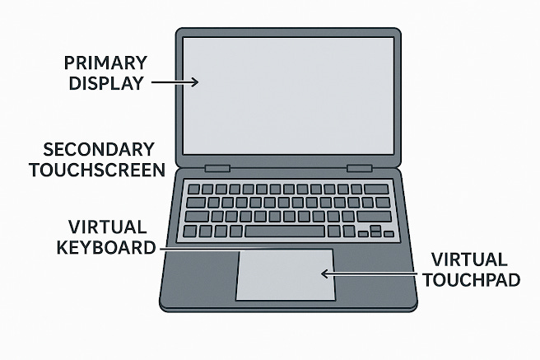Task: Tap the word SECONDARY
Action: pyautogui.click(x=99, y=150)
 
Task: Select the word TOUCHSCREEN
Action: pyautogui.click(x=97, y=170)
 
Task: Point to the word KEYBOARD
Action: pyautogui.click(x=112, y=246)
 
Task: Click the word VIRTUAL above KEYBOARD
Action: pyautogui.click(x=108, y=227)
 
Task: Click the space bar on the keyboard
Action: pyautogui.click(x=286, y=231)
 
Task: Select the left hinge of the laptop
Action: pyautogui.click(x=217, y=168)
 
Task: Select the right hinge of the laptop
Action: pyautogui.click(x=359, y=168)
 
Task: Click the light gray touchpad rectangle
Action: pyautogui.click(x=285, y=274)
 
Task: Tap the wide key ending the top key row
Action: pyautogui.click(x=377, y=189)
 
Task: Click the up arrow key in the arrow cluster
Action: pyautogui.click(x=375, y=227)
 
